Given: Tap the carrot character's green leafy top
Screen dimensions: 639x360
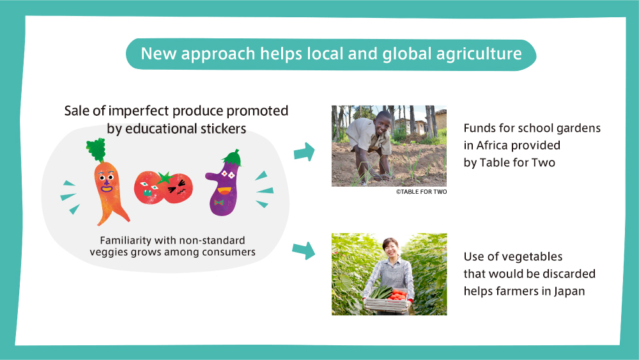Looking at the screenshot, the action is point(96,150).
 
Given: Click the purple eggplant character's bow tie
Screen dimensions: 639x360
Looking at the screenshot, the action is point(219,202).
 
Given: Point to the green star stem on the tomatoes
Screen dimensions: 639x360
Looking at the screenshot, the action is point(165,178).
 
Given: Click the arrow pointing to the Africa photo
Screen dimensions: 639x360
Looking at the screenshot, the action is point(304,152).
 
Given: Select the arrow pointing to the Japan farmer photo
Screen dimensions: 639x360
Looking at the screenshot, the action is point(304,250).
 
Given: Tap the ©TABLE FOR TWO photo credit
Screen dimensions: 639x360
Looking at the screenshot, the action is point(421,192).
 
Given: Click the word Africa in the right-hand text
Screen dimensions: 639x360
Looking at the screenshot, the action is point(492,146).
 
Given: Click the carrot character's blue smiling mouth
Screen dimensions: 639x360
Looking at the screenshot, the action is point(107,189).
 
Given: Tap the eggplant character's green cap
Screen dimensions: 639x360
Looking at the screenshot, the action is point(233,158).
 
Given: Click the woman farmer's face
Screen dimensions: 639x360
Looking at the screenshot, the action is point(391,249).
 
